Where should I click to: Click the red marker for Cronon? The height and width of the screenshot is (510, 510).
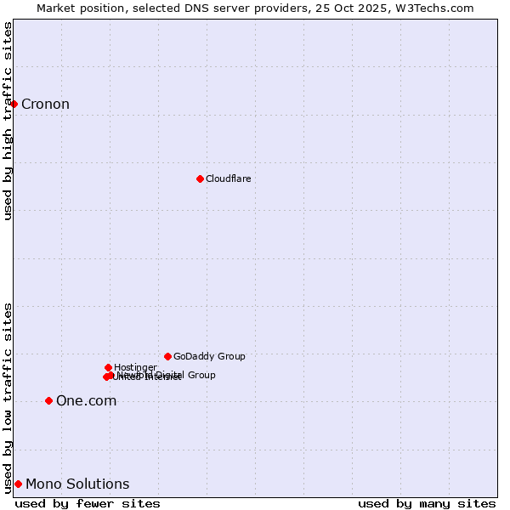[14, 104]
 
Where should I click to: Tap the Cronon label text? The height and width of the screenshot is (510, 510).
[45, 105]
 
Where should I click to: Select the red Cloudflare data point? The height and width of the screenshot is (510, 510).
[200, 178]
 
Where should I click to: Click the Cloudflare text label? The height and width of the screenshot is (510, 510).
[228, 178]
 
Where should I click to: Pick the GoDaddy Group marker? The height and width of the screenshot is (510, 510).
[167, 356]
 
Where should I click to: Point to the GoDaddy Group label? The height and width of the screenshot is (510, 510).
[209, 356]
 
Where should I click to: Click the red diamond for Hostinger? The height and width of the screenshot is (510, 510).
[108, 367]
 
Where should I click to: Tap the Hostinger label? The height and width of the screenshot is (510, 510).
[135, 367]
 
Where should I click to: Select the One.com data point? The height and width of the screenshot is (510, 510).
[48, 400]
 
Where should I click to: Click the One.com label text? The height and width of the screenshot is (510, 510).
[86, 400]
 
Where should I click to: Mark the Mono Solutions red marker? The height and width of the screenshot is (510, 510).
[18, 484]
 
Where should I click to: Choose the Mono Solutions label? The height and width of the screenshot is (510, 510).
[77, 484]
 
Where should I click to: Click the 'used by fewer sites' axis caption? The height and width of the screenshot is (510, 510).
[88, 503]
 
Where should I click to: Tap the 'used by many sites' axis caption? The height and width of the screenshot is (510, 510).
[427, 503]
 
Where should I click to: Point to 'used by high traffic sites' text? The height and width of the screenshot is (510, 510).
[8, 121]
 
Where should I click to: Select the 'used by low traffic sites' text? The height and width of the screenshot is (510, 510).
[8, 397]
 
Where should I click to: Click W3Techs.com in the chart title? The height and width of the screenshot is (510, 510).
[434, 8]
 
